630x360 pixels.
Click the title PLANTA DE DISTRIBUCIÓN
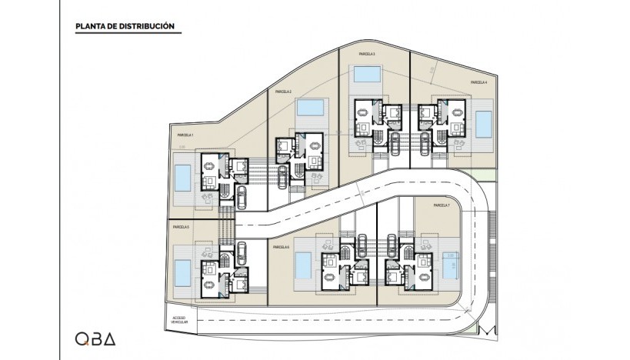click(x=124, y=27)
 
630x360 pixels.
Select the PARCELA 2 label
click(x=282, y=92)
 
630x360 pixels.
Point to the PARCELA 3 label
click(x=367, y=55)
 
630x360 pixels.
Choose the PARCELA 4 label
click(x=478, y=82)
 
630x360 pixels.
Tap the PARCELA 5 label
click(x=181, y=228)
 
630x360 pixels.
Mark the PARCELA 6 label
click(x=280, y=247)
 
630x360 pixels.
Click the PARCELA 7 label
click(x=441, y=205)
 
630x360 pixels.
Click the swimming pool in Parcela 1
click(x=182, y=178)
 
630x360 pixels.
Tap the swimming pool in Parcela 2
click(x=311, y=106)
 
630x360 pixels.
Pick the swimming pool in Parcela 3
click(x=365, y=75)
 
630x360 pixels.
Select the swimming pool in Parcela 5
click(x=182, y=272)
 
